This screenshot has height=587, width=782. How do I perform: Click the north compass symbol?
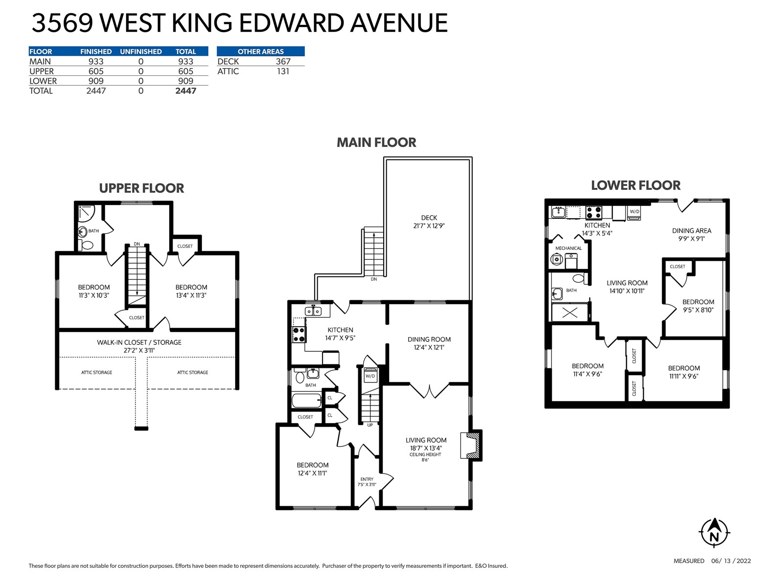tap(714, 533)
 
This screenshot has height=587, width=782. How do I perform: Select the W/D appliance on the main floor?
tap(370, 376)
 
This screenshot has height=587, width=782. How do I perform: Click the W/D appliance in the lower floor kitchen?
tap(634, 213)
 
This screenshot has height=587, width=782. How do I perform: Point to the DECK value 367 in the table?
tap(283, 61)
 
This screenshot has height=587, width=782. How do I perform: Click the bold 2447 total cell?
tap(186, 91)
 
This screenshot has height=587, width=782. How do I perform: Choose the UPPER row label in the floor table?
tap(42, 71)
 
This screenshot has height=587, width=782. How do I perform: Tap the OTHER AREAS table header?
tap(261, 51)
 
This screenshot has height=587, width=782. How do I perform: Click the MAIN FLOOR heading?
tap(376, 142)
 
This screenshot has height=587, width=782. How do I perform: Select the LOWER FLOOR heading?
tap(635, 185)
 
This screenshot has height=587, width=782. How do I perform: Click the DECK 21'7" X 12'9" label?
tap(429, 222)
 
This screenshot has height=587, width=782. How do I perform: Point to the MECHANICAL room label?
tap(568, 248)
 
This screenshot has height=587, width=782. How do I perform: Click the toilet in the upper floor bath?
tap(86, 245)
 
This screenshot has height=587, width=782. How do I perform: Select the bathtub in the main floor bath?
tap(307, 400)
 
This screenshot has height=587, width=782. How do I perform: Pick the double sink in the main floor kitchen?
tap(313, 311)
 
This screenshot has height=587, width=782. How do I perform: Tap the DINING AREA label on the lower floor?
tap(692, 234)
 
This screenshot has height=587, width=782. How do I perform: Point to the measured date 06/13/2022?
tap(731, 561)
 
